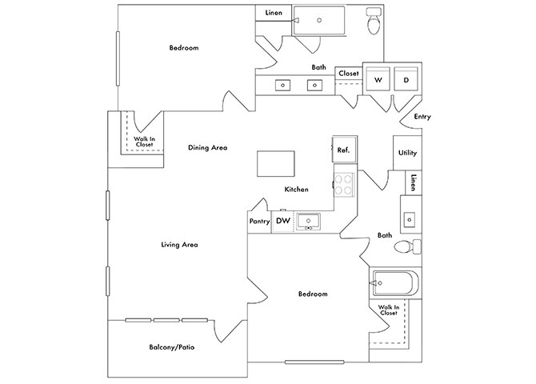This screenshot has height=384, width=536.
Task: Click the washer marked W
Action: point(378,80)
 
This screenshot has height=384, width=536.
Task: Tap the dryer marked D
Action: point(406,80)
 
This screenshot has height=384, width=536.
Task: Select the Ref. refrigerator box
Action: point(344,150)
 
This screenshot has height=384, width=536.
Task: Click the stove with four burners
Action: point(344,185)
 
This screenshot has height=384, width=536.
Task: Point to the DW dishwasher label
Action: point(282,221)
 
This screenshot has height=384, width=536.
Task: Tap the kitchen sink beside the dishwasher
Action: point(308,221)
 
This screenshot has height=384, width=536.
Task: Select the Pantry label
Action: point(258,222)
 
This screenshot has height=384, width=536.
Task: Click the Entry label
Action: point(422,117)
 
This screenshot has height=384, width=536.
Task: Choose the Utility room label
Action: point(407,152)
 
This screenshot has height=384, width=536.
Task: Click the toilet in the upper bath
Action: point(374,24)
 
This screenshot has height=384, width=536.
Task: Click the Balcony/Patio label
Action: point(172,347)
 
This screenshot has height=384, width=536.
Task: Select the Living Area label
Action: point(179,245)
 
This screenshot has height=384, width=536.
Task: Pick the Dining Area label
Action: point(208,147)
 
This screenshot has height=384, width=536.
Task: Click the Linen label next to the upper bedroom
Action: point(273,14)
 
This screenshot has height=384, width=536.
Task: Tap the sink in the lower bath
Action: point(408,217)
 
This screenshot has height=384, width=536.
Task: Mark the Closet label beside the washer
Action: point(349,74)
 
